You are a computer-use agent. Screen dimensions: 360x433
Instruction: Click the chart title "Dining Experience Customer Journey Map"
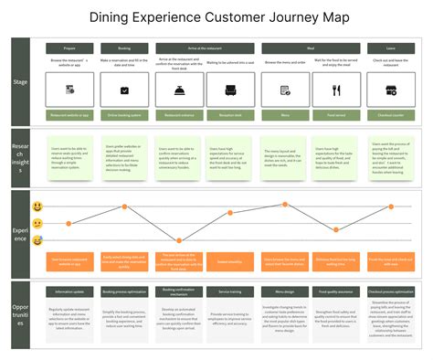pyautogui.click(x=216, y=17)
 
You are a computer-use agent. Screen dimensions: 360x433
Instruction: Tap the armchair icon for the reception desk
pyautogui.click(x=231, y=90)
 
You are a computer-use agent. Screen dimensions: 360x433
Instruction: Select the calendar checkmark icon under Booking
pyautogui.click(x=124, y=90)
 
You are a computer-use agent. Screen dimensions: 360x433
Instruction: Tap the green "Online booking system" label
pyautogui.click(x=124, y=116)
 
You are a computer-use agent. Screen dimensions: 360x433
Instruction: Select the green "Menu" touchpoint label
pyautogui.click(x=285, y=116)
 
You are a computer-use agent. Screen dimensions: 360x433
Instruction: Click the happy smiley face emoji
pyautogui.click(x=37, y=207)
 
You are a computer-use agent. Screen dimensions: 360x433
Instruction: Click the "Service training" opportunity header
pyautogui.click(x=231, y=291)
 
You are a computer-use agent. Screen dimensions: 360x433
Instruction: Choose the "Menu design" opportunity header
pyautogui.click(x=285, y=291)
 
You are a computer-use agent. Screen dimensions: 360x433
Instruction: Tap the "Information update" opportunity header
pyautogui.click(x=70, y=291)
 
